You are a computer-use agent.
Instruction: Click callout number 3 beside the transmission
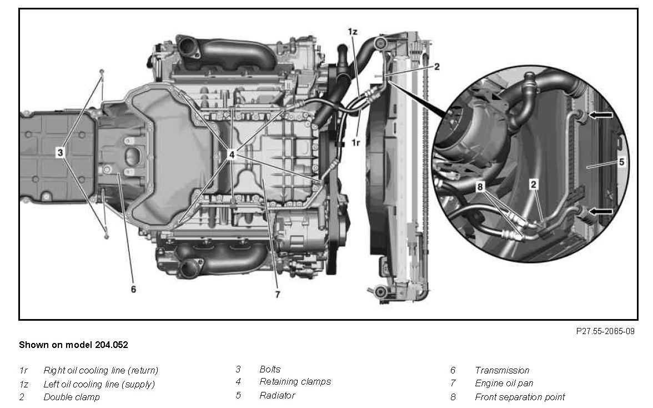pyautogui.click(x=61, y=152)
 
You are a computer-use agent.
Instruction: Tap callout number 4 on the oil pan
pyautogui.click(x=232, y=155)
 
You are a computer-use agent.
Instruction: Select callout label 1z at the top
pyautogui.click(x=352, y=32)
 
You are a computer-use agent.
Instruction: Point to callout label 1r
pyautogui.click(x=355, y=142)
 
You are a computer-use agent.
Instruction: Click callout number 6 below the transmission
pyautogui.click(x=133, y=289)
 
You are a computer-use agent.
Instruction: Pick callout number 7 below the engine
pyautogui.click(x=278, y=294)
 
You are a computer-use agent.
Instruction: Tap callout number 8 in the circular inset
pyautogui.click(x=480, y=187)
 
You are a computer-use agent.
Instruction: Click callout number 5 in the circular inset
pyautogui.click(x=621, y=162)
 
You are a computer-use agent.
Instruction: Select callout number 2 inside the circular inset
pyautogui.click(x=534, y=184)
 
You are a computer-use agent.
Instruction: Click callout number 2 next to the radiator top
pyautogui.click(x=436, y=67)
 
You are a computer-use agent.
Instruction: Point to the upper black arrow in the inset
pyautogui.click(x=600, y=115)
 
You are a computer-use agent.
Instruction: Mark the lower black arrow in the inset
pyautogui.click(x=600, y=212)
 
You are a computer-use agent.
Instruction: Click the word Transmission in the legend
pyautogui.click(x=502, y=370)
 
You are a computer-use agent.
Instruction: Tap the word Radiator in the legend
pyautogui.click(x=277, y=395)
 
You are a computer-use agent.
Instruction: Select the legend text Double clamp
pyautogui.click(x=72, y=397)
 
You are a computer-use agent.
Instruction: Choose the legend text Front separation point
pyautogui.click(x=520, y=397)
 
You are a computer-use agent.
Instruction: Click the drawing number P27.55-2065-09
pyautogui.click(x=605, y=331)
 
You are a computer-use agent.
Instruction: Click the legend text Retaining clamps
pyautogui.click(x=295, y=382)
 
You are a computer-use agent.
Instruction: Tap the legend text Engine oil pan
pyautogui.click(x=504, y=384)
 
